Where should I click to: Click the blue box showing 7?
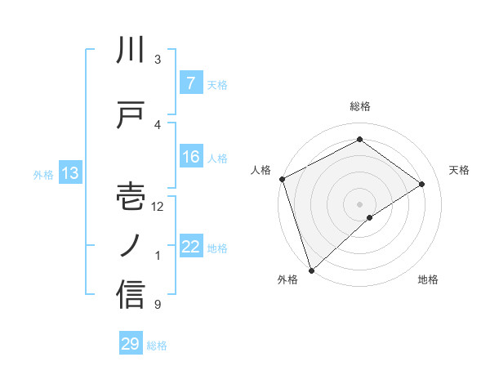pyautogui.click(x=190, y=83)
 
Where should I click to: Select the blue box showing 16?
pyautogui.click(x=190, y=157)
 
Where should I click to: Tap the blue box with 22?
pyautogui.click(x=190, y=248)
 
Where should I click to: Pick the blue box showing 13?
pyautogui.click(x=69, y=173)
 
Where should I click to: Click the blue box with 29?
pyautogui.click(x=131, y=344)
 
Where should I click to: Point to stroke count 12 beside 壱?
pyautogui.click(x=158, y=207)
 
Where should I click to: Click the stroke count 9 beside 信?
pyautogui.click(x=158, y=305)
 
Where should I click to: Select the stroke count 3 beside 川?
pyautogui.click(x=158, y=60)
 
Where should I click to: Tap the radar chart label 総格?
pyautogui.click(x=360, y=106)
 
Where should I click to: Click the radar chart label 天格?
pyautogui.click(x=460, y=170)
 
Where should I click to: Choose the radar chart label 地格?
pyautogui.click(x=428, y=279)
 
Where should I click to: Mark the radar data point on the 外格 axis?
pyautogui.click(x=310, y=270)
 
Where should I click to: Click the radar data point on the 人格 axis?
pyautogui.click(x=282, y=179)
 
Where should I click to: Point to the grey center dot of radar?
pyautogui.click(x=359, y=203)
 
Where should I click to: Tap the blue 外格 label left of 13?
pyautogui.click(x=42, y=174)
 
